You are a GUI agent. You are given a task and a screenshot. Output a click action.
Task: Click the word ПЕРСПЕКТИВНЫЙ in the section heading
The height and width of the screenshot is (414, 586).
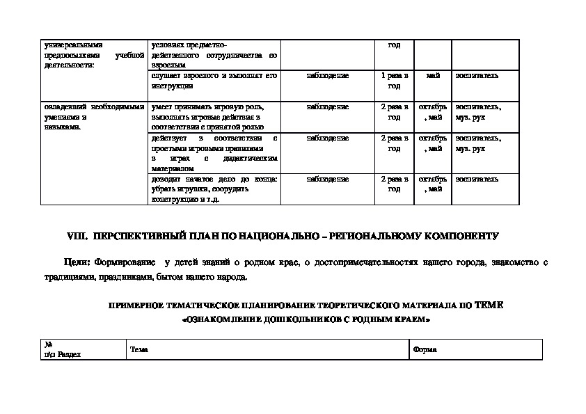[x=132, y=236]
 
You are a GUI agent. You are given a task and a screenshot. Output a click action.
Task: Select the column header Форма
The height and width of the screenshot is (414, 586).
[x=425, y=349]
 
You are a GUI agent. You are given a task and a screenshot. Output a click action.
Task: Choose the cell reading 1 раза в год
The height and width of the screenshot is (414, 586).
[x=394, y=80]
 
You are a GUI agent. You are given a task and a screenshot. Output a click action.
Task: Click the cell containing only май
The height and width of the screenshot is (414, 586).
[x=433, y=75]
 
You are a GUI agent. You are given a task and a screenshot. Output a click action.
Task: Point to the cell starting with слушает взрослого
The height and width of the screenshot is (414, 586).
[x=214, y=80]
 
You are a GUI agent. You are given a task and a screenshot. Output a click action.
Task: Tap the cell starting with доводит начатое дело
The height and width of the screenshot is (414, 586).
[x=214, y=189]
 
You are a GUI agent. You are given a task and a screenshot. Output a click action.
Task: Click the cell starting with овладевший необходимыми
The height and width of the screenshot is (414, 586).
[x=93, y=116]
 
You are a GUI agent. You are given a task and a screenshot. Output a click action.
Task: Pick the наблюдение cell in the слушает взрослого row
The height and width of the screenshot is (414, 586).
[x=328, y=75]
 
